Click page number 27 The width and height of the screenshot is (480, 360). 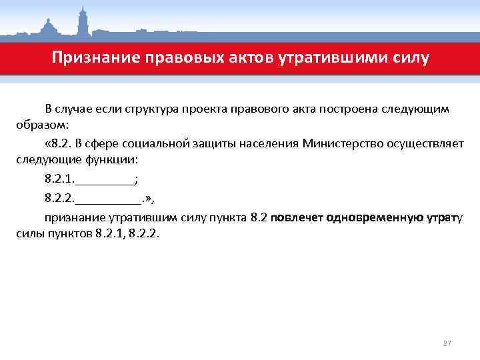(447, 343)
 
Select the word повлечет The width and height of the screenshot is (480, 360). (297, 217)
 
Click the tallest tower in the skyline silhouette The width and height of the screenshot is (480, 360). (84, 20)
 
